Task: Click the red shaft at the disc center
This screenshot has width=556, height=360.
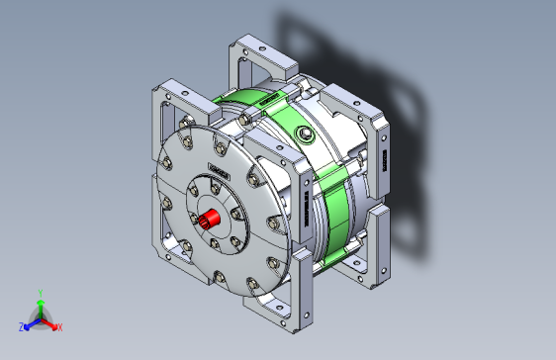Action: [x=208, y=219]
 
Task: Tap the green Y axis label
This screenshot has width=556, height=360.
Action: [x=40, y=292]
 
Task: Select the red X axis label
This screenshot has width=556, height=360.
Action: [x=59, y=326]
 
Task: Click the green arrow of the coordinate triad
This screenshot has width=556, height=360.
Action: [x=40, y=306]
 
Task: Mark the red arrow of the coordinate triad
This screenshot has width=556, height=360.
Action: [x=50, y=322]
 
